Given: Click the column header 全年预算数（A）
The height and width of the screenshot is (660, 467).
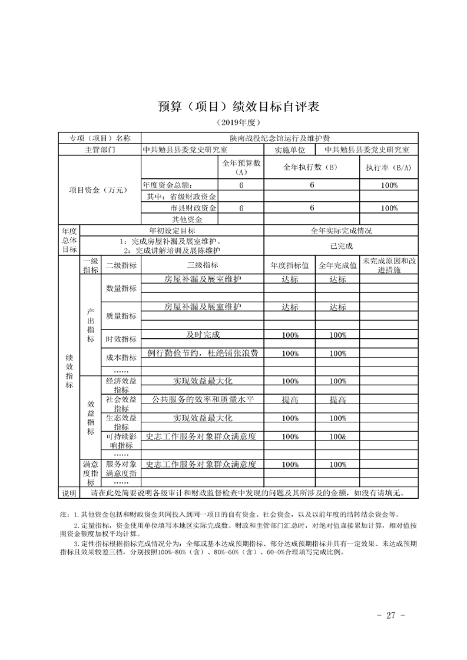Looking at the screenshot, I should pyautogui.click(x=240, y=168).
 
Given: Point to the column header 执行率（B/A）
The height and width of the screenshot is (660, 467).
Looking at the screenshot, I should pyautogui.click(x=388, y=168).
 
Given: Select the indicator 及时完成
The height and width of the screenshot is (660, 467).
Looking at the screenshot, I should pyautogui.click(x=203, y=334).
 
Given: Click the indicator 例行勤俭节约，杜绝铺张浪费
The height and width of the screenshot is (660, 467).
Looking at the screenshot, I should pyautogui.click(x=203, y=354).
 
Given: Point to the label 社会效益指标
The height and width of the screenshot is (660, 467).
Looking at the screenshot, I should pyautogui.click(x=121, y=404).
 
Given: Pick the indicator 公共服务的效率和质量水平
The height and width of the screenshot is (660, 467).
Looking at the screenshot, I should pyautogui.click(x=203, y=399).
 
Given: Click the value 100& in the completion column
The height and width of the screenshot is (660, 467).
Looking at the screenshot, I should pyautogui.click(x=338, y=437).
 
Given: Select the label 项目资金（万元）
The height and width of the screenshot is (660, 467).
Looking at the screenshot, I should pyautogui.click(x=98, y=190).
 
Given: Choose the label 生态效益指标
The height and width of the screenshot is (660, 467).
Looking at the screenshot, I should pyautogui.click(x=121, y=422).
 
